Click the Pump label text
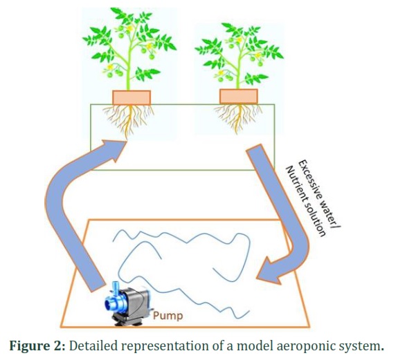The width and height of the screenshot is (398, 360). click(168, 316)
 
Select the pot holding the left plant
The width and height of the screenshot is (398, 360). click(132, 97)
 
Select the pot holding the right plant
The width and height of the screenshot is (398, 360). click(239, 96)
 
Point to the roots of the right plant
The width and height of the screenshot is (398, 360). click(238, 117)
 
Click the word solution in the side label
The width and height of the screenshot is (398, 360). click(315, 220)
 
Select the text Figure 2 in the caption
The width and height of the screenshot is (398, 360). click(37, 345)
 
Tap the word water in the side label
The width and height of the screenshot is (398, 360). click(329, 216)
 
